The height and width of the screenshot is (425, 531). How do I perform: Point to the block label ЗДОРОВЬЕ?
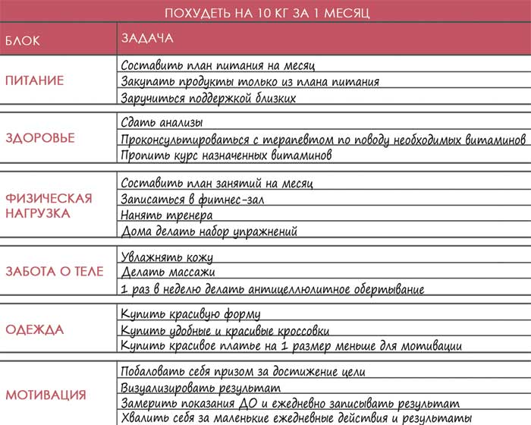tap(40, 138)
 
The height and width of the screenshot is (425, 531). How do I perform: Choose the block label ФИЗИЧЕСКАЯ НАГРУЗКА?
tap(49, 206)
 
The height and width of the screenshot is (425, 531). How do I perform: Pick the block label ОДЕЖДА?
tap(35, 330)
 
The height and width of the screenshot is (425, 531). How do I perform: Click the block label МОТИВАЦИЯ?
tap(46, 395)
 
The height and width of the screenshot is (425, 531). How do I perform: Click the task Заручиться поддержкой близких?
tap(208, 98)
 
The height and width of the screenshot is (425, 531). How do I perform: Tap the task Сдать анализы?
tap(162, 122)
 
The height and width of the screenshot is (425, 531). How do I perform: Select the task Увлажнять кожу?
tap(168, 257)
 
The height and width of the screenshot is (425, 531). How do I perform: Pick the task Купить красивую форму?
tap(191, 314)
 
